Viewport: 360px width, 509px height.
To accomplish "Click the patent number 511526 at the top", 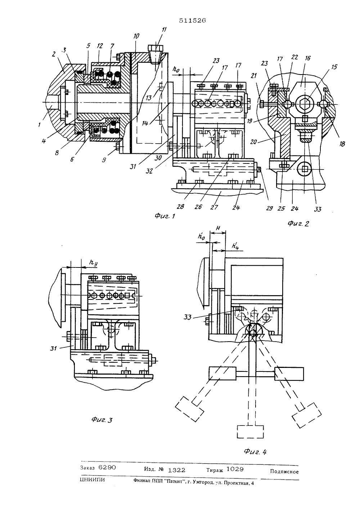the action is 192,21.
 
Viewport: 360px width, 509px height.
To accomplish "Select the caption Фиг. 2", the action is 298,224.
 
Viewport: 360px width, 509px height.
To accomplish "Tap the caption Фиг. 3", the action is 102,420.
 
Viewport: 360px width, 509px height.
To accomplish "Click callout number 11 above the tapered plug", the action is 164,30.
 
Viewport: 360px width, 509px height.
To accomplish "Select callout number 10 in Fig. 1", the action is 136,36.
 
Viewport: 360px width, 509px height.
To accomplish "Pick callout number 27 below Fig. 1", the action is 214,207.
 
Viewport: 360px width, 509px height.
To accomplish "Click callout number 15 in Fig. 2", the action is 334,67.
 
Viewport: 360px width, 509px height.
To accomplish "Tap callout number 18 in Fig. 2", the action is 342,144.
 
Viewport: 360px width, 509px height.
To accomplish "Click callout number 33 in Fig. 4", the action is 188,317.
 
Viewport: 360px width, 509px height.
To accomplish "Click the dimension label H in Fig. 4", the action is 217,228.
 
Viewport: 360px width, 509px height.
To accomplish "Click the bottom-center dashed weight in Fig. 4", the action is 251,435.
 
